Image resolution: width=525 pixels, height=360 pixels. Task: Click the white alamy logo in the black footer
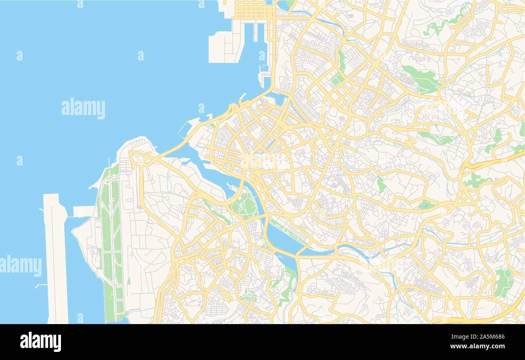(x=40, y=341)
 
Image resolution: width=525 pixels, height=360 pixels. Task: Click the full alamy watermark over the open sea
(x=83, y=108)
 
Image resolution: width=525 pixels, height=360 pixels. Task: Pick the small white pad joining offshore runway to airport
(x=84, y=211)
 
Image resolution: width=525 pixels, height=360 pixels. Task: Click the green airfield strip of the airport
(x=110, y=242)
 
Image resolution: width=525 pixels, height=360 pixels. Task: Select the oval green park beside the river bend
(x=244, y=205)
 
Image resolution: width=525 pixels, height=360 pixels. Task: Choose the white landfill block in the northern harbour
(x=225, y=44)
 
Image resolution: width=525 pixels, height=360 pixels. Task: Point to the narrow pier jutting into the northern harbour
(x=256, y=32)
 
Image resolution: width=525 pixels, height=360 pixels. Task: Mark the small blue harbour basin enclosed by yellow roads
(x=278, y=98)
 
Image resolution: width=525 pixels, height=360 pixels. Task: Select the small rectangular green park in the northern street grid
(x=336, y=80)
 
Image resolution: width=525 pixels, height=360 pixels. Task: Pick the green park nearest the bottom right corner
(x=503, y=282)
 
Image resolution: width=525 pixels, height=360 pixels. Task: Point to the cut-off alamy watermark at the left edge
(x=20, y=266)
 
